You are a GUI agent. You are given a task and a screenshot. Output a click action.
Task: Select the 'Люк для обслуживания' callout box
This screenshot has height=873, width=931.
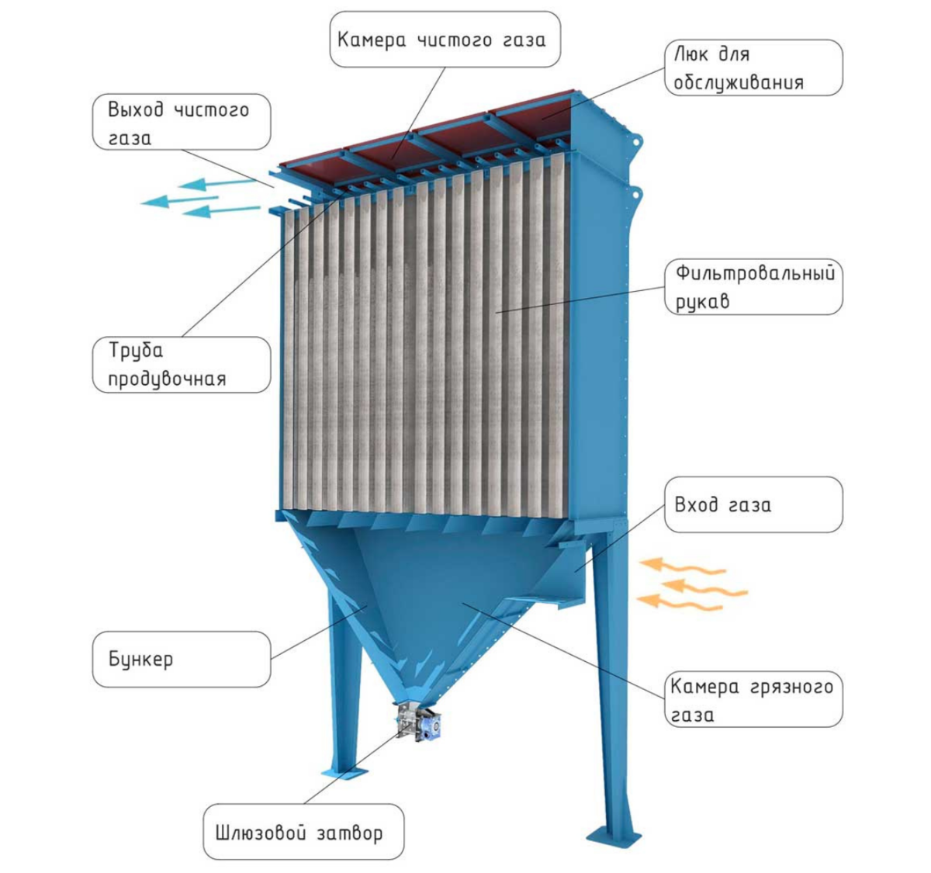pos(753,68)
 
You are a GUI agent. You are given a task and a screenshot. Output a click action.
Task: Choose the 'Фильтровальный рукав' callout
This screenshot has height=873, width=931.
pos(753,286)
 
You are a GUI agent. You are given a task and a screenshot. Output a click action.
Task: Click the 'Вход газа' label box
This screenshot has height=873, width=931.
pos(753,505)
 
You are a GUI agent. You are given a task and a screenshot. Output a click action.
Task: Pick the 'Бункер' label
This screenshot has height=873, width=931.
pos(182,660)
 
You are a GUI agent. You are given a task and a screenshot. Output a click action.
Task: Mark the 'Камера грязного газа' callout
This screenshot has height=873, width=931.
pos(753,700)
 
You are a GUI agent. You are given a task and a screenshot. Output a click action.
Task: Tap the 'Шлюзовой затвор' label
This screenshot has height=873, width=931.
pos(303,833)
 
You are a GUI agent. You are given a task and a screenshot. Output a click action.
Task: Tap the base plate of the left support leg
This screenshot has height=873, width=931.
pos(344,774)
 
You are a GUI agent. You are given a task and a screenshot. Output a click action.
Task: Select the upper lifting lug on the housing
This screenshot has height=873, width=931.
pos(638,141)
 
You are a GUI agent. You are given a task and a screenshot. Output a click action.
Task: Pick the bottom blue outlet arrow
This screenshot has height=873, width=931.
pos(220,210)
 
